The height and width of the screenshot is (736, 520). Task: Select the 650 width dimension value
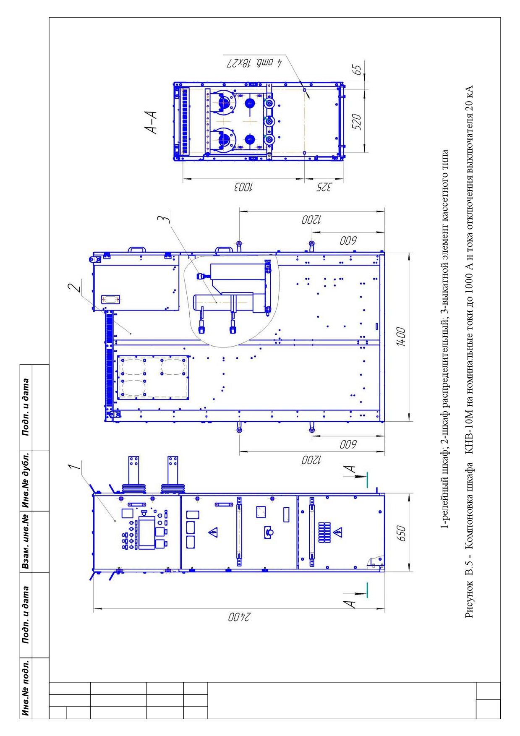coord(401,533)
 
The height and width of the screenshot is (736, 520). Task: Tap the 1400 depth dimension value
coord(401,337)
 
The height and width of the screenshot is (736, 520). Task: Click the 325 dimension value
coord(323,188)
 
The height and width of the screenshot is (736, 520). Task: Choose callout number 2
coord(74,288)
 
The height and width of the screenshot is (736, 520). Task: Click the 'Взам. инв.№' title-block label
coord(26,542)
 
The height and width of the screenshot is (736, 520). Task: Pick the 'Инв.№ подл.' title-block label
coord(26,689)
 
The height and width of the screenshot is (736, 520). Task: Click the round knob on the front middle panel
coord(270,532)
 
